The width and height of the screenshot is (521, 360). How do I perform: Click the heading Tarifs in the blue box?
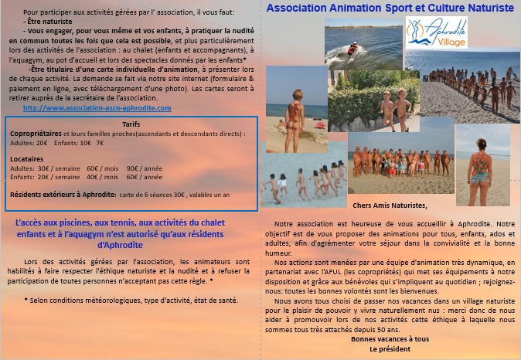pyautogui.click(x=131, y=124)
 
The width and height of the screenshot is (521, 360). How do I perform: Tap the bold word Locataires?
pyautogui.click(x=27, y=158)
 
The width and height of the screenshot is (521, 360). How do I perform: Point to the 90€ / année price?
pyautogui.click(x=145, y=168)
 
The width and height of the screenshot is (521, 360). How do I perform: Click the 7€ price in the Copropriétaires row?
pyautogui.click(x=100, y=143)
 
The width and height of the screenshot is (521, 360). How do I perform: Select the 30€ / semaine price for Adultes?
pyautogui.click(x=60, y=168)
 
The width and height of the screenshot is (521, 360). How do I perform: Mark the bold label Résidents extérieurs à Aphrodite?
pyautogui.click(x=64, y=194)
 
